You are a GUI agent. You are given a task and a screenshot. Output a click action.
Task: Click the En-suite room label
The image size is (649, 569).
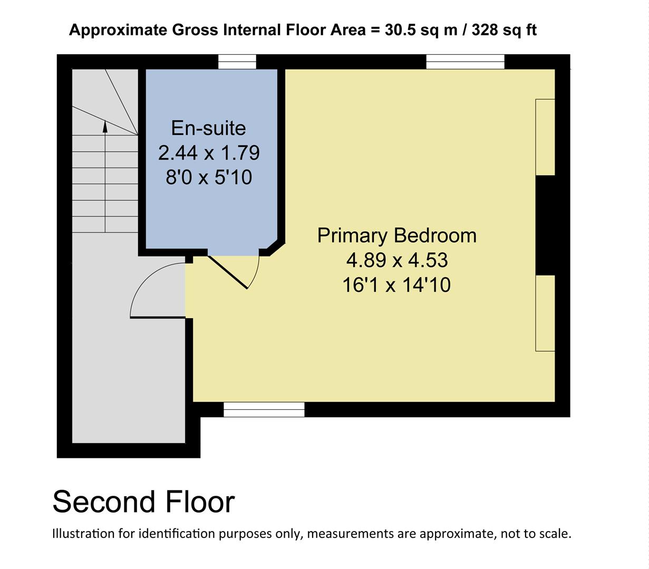coord(208,129)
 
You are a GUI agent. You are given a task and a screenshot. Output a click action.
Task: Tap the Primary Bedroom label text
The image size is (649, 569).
coord(396,236)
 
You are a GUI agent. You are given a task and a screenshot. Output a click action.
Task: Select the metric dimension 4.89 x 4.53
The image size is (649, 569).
coord(396,260)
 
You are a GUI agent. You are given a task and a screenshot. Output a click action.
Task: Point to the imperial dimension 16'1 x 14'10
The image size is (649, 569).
coord(396,285)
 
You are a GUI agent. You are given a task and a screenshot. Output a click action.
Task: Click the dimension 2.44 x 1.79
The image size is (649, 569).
coord(209,153)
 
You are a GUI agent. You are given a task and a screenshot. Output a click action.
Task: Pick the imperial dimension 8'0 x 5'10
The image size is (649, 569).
coord(209,178)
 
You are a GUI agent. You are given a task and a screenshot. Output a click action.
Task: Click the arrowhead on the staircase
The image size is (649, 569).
coord(105,126)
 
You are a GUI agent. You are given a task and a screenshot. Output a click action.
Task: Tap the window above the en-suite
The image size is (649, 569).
coord(237,62)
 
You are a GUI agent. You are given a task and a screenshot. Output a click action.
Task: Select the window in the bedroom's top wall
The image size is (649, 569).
coord(465,62)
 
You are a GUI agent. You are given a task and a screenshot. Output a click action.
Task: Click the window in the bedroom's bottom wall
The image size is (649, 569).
coord(264,409)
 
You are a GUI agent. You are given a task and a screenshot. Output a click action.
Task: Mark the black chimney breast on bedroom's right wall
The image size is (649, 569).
coord(545,225)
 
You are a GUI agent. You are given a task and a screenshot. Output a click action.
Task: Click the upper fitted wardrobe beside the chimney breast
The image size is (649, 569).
coord(545,137)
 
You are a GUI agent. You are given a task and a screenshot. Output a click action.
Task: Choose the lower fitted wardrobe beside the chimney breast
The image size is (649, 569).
coord(545,313)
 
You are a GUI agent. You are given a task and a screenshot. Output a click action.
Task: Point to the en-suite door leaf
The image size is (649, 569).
coord(228,272)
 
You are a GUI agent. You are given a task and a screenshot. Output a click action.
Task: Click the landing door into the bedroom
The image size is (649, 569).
coord(158,317)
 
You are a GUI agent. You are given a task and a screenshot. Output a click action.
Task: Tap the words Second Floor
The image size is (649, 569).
coord(143,502)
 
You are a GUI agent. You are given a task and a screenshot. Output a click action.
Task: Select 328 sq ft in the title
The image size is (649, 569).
coord(503,30)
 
